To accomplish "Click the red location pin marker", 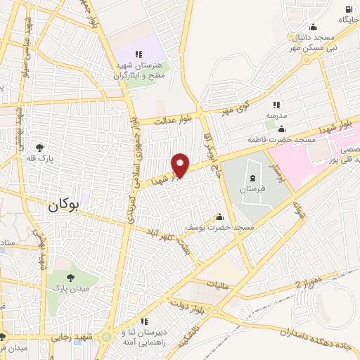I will pyautogui.click(x=181, y=165).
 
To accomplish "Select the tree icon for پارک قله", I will pyautogui.click(x=41, y=148).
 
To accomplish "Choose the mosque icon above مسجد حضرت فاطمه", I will pyautogui.click(x=282, y=129).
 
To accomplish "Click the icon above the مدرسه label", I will pyautogui.click(x=276, y=104).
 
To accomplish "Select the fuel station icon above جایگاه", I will pyautogui.click(x=349, y=8).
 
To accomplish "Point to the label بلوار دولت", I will pyautogui.click(x=192, y=304).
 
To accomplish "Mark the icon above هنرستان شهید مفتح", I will pyautogui.click(x=139, y=54).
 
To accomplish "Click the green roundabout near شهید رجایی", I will pyautogui.click(x=106, y=337).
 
